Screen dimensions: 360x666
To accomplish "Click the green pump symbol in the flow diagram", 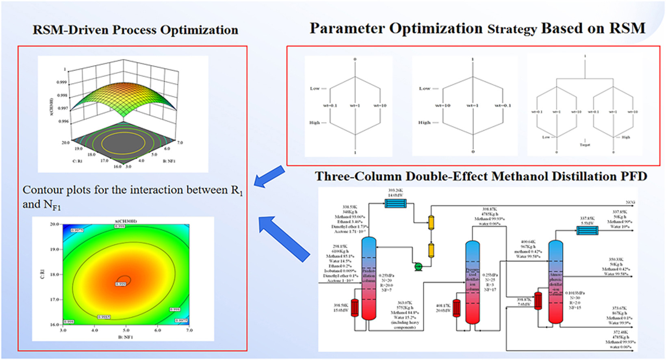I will pos(418,266).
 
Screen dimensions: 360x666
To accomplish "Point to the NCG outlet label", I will pos(630,202).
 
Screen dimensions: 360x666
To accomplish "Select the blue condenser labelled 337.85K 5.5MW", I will pos(588,231).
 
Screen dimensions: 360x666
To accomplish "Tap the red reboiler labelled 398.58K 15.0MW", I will pos(354,308).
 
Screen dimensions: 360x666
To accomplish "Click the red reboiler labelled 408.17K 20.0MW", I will pos(456,308).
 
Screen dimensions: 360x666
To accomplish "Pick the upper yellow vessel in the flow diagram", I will pos(431,222).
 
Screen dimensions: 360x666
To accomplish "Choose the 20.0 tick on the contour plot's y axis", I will pos(54,224).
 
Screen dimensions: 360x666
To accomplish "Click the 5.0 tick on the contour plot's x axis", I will pos(126,330).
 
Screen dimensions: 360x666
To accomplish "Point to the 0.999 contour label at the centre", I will pos(121,284).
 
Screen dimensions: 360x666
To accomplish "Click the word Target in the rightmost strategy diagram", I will pos(585,145).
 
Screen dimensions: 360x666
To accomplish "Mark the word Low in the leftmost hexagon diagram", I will pos(315,88).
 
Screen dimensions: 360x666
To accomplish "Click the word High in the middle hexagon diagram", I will pos(424,122).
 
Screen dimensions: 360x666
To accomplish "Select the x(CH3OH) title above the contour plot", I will pos(126,221).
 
